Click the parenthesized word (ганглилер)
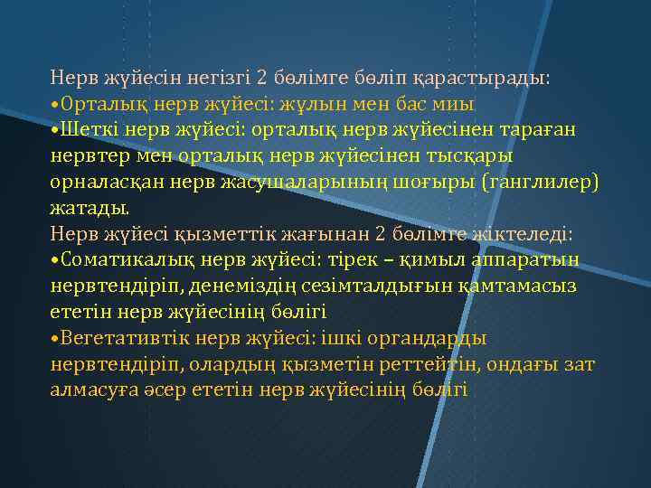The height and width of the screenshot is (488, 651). [540, 183]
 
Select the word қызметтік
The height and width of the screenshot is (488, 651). [232, 235]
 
